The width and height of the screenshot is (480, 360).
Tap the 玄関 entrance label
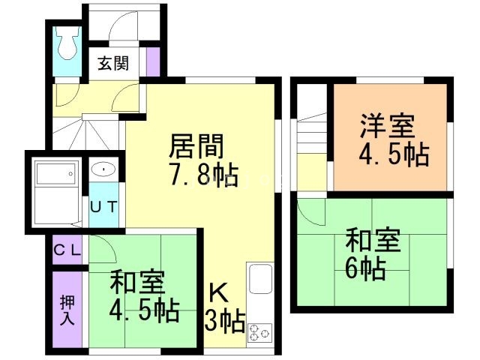coord(112,63)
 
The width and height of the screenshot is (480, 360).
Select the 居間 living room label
coord(196,145)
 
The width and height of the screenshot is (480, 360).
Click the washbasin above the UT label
coord(102,170)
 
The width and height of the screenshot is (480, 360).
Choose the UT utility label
coord(103,206)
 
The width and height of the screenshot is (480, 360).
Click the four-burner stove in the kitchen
coord(259,331)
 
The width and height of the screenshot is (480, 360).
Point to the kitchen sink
coord(259,280)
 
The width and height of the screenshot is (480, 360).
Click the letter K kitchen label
coord(217,292)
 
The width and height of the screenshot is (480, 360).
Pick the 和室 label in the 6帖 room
coord(373,241)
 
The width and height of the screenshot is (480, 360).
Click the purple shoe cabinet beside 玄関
coord(153,61)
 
